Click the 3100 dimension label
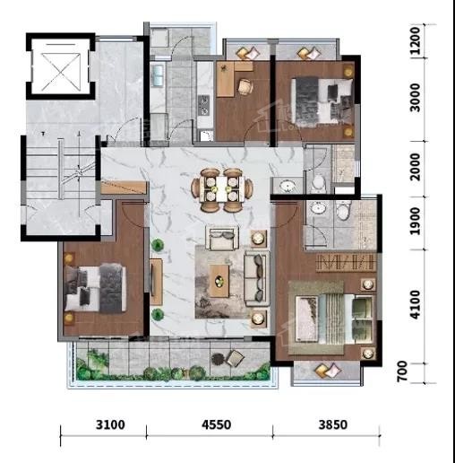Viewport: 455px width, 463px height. point(110,424)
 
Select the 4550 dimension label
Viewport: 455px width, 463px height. point(216,424)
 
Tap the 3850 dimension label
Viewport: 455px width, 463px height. point(333,424)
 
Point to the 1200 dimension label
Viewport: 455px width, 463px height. point(415,40)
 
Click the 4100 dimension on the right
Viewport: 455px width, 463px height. point(415,304)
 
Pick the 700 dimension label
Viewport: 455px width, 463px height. point(402,371)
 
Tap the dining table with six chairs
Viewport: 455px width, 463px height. point(222,190)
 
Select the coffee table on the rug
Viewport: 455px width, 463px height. point(219,281)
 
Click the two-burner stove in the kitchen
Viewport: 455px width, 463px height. point(204,105)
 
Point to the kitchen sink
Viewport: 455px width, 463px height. point(157,74)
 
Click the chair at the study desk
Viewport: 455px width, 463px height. point(245,87)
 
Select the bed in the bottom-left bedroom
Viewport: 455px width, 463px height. point(95,288)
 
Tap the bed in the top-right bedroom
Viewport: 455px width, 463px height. point(322,100)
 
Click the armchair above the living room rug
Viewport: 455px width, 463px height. point(222,238)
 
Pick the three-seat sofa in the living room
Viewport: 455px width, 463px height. point(257,278)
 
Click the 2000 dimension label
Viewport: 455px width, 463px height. point(415,167)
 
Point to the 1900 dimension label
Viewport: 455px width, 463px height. point(415,222)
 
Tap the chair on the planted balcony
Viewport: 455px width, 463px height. point(236,358)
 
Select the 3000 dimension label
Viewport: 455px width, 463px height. point(415,98)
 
